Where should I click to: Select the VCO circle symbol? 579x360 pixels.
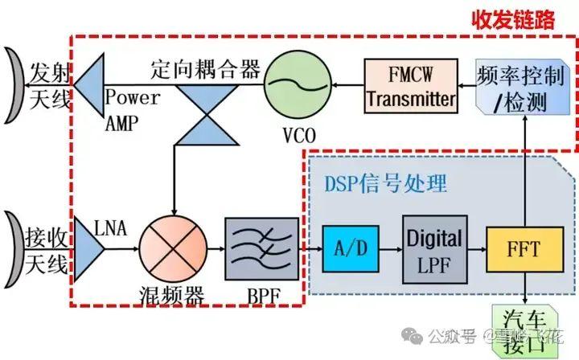tap(298, 84)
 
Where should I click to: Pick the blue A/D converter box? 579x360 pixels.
tap(351, 249)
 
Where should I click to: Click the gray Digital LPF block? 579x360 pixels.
tap(434, 248)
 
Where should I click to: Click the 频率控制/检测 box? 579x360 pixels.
tap(524, 88)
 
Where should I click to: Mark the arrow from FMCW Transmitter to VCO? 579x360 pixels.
tap(347, 84)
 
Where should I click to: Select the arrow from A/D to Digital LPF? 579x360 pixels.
tap(389, 250)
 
